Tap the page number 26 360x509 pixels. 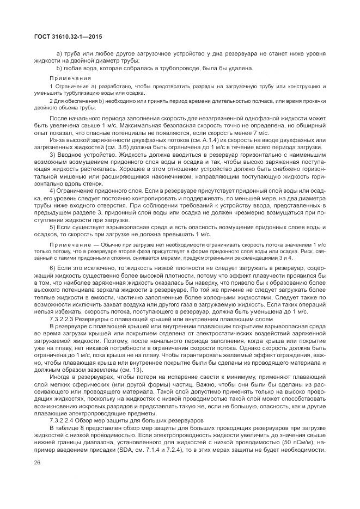(x=38, y=463)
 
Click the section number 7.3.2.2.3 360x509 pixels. (x=80, y=318)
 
